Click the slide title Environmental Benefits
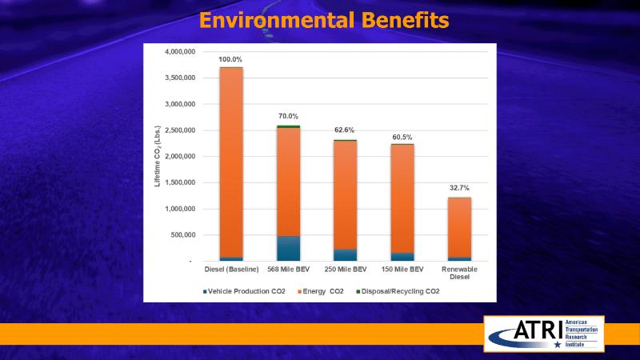click(x=324, y=19)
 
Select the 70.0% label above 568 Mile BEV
click(x=288, y=117)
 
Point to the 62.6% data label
click(x=346, y=130)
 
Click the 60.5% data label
click(x=402, y=138)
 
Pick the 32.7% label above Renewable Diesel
click(x=459, y=188)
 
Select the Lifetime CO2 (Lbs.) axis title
click(x=158, y=157)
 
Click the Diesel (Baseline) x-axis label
click(x=232, y=270)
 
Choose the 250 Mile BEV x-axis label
click(x=346, y=270)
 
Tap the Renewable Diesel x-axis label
click(x=459, y=274)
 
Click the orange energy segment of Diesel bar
click(x=231, y=160)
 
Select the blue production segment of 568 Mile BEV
click(x=288, y=248)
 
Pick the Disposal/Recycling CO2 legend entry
click(x=398, y=291)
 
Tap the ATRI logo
click(x=543, y=333)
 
